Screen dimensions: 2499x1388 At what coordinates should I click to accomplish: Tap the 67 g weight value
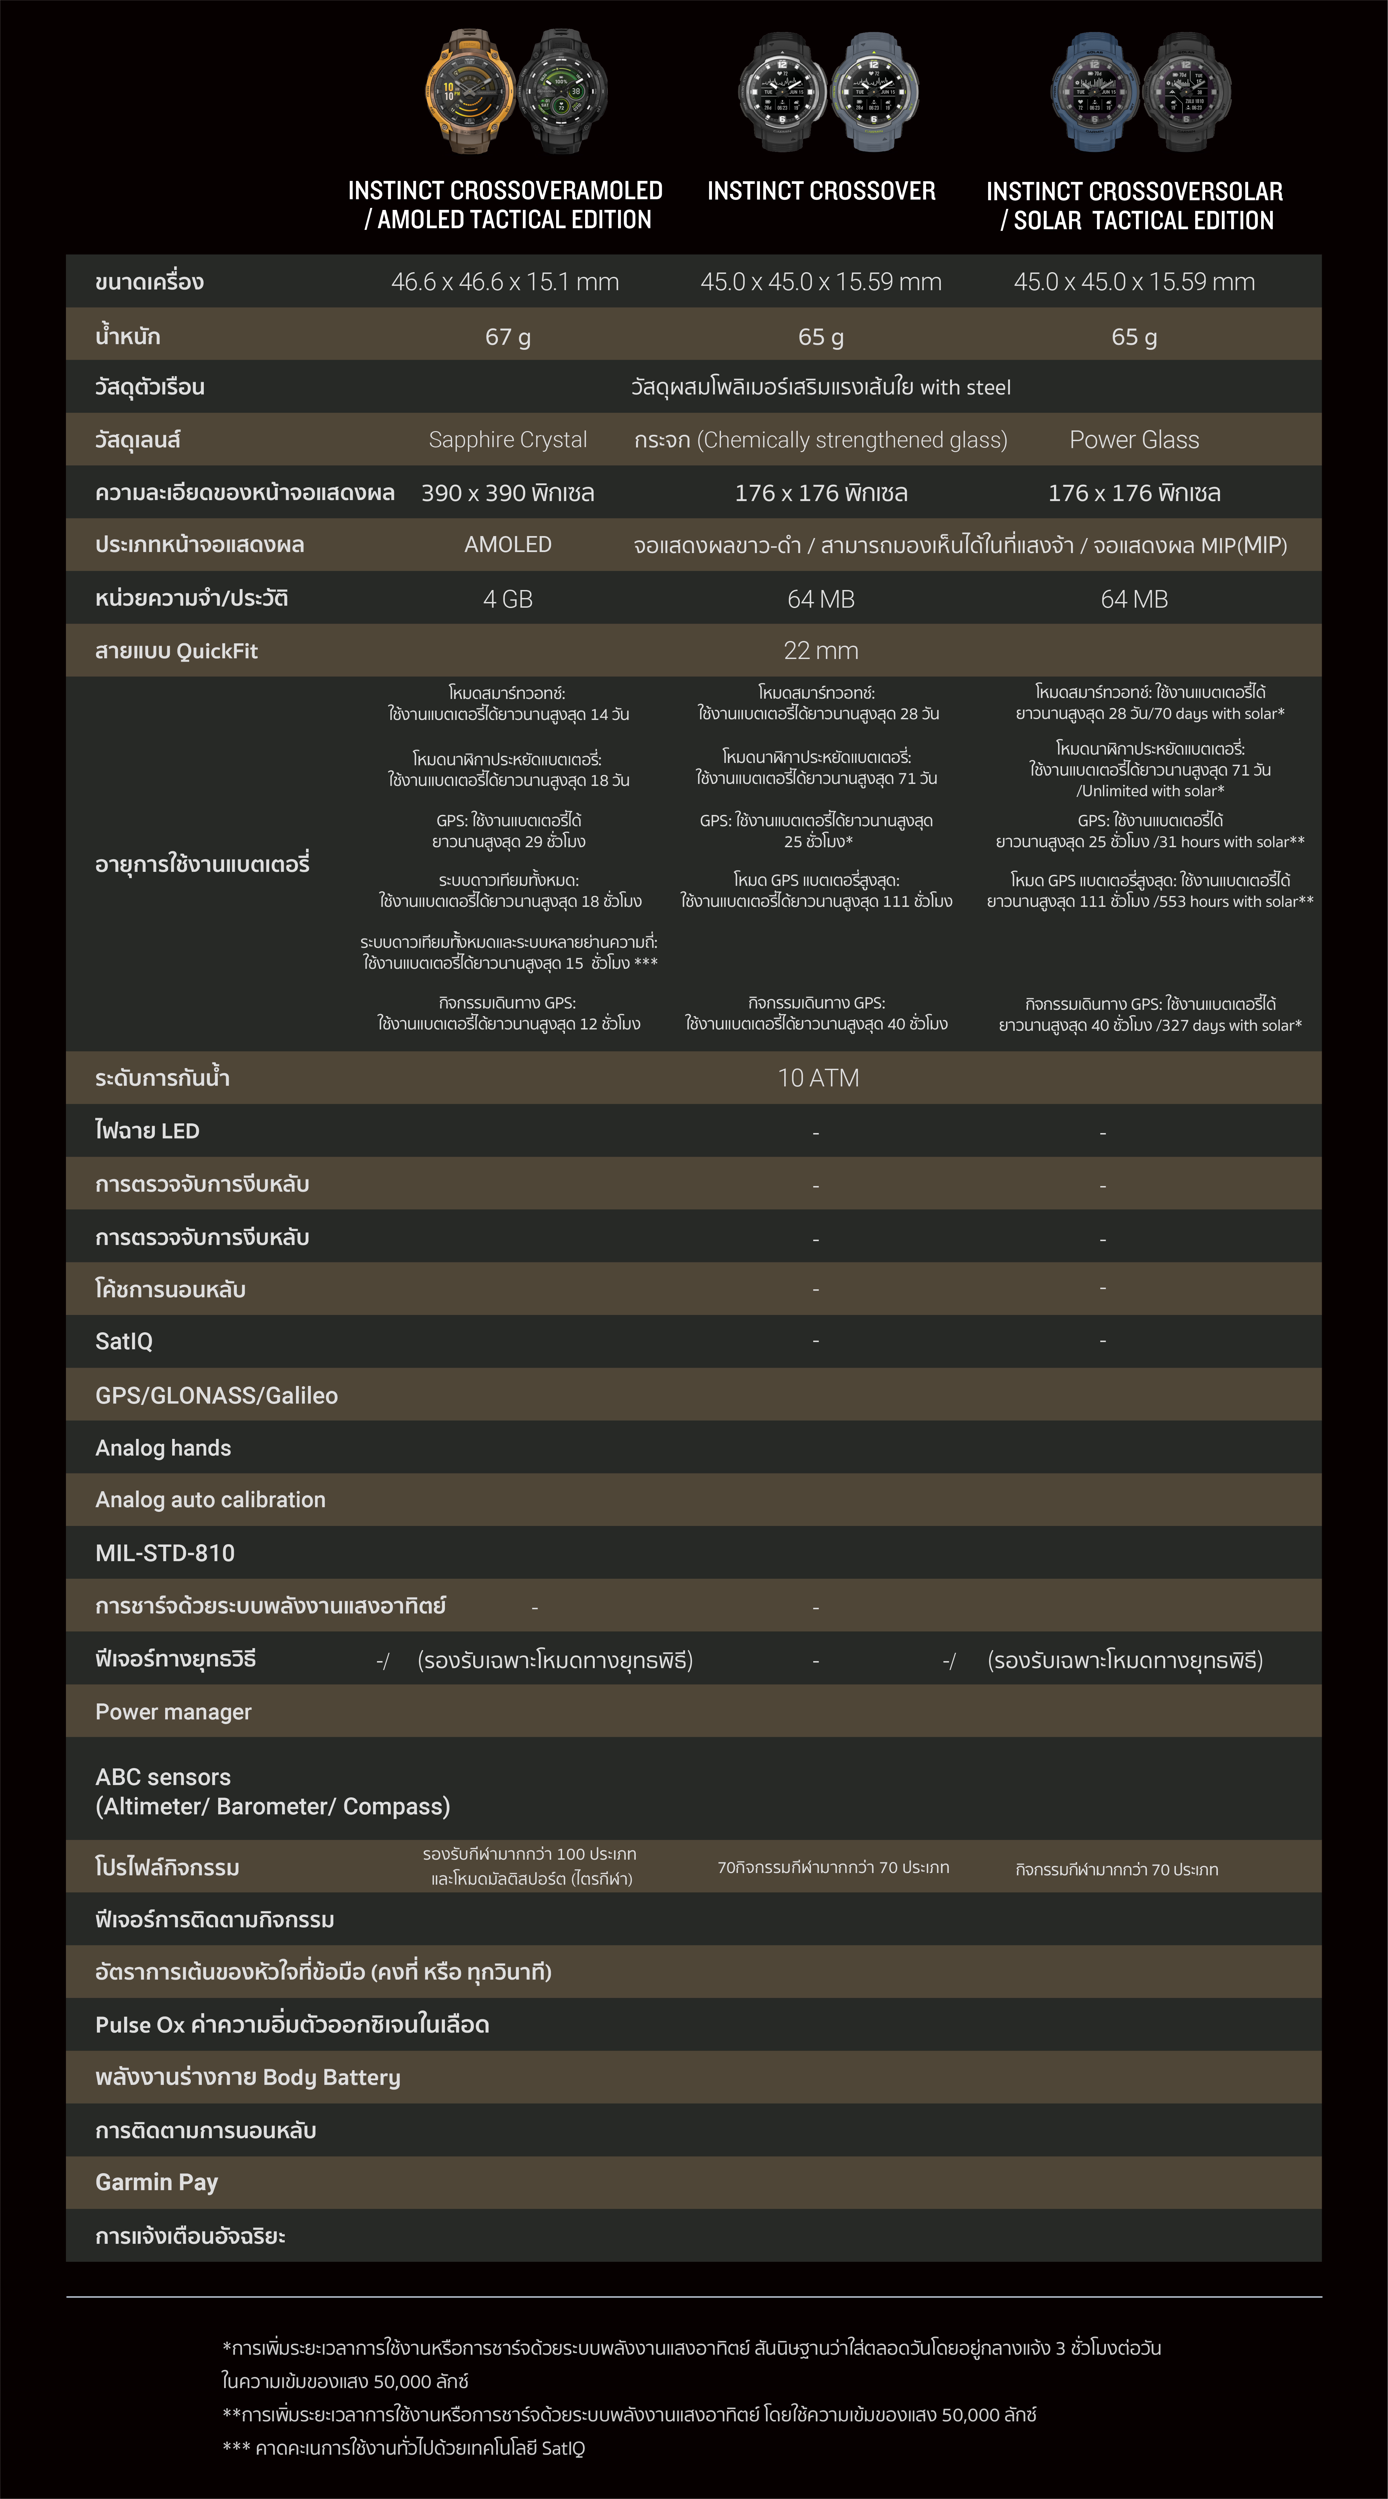click(x=507, y=336)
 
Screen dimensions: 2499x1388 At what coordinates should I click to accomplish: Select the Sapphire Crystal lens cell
click(x=507, y=439)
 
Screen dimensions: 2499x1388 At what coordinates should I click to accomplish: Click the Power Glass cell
click(x=1134, y=439)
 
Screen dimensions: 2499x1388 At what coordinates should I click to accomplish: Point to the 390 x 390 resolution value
click(x=507, y=493)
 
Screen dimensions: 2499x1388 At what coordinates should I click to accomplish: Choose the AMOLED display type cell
click(x=507, y=545)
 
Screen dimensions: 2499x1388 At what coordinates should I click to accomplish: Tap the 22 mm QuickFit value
click(x=821, y=651)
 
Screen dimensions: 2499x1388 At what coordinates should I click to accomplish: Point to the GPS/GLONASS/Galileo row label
click(x=216, y=1395)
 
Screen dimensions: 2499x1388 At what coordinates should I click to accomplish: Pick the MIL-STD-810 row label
click(x=165, y=1553)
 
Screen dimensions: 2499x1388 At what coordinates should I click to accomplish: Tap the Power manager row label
click(x=173, y=1712)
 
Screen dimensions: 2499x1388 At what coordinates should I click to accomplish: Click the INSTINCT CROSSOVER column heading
click(x=821, y=191)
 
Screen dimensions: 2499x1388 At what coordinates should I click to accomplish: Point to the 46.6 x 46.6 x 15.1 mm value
click(x=505, y=282)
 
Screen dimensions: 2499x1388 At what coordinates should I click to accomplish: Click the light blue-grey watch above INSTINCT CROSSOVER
click(x=873, y=92)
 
